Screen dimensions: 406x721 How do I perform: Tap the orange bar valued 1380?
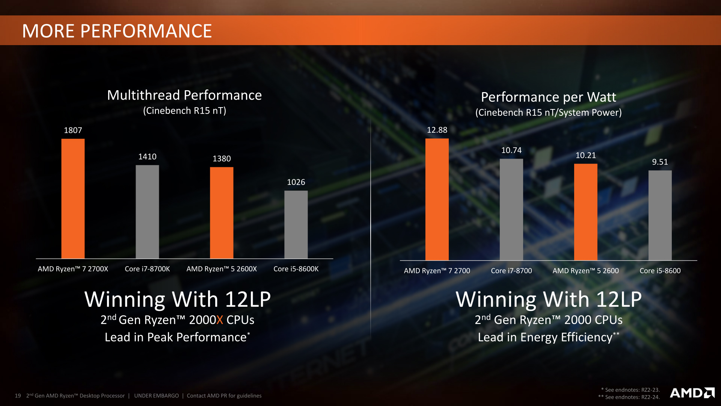(222, 213)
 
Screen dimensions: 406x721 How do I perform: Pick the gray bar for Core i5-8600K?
(296, 224)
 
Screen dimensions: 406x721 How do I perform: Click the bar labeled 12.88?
(437, 199)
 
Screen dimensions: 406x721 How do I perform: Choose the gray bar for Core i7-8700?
(511, 209)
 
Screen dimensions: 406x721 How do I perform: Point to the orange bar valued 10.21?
(585, 212)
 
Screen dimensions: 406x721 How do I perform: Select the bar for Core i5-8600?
(660, 215)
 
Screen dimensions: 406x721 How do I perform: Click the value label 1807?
(73, 130)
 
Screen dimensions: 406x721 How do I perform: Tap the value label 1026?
(296, 182)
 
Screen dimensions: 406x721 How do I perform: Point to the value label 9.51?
(660, 162)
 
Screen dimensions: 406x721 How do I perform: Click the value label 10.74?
(511, 150)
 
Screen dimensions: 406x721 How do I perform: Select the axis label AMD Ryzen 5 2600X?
(222, 269)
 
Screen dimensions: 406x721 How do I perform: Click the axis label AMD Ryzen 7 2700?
(437, 271)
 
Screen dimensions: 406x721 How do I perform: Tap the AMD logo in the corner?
(692, 393)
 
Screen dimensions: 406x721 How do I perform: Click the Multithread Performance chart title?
(184, 95)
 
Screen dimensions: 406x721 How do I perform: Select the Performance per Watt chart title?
(548, 97)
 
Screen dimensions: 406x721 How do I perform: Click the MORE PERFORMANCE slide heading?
(117, 31)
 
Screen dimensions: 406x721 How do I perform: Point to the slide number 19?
(18, 396)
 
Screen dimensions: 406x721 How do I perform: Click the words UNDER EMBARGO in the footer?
(157, 396)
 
